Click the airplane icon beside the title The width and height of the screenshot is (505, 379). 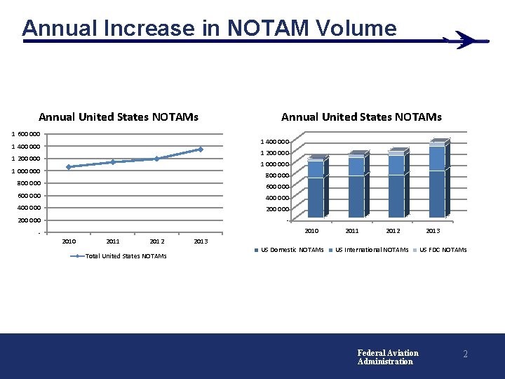(465, 40)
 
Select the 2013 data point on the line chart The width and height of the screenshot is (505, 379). (201, 149)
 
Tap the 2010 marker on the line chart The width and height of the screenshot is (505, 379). (69, 167)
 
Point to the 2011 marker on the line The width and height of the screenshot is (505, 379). (112, 162)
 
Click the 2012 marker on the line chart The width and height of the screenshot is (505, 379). (156, 159)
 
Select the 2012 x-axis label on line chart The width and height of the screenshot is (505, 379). (156, 241)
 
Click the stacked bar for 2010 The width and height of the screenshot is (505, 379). (316, 188)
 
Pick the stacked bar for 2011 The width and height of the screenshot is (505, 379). (356, 186)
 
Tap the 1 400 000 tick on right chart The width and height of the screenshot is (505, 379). (274, 142)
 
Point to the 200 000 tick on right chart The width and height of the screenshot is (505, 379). (277, 209)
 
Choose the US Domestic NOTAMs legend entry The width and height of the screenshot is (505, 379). (292, 250)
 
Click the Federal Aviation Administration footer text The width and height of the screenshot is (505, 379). (388, 357)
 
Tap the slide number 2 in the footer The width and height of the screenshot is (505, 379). (465, 354)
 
